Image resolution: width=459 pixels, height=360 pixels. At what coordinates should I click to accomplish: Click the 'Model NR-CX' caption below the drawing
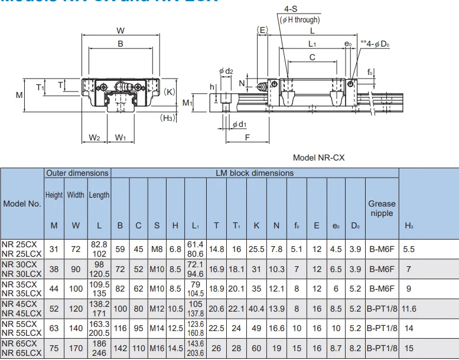[x=318, y=158]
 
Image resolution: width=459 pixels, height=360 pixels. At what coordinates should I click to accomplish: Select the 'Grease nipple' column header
[x=382, y=208]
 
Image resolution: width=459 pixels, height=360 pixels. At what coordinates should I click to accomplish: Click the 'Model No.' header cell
[x=22, y=204]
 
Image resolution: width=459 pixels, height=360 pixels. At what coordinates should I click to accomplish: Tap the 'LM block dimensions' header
[x=254, y=173]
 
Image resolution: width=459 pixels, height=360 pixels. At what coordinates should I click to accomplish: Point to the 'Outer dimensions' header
[x=77, y=173]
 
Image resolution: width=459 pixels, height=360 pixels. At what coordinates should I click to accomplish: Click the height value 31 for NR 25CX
[x=54, y=249]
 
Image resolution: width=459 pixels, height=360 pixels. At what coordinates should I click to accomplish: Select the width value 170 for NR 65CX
[x=76, y=348]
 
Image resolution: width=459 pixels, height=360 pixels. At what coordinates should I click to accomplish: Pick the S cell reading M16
[x=157, y=348]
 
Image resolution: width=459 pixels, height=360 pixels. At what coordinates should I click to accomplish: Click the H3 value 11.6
[x=409, y=308]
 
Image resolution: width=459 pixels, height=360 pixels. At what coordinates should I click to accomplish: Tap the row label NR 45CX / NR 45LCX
[x=22, y=308]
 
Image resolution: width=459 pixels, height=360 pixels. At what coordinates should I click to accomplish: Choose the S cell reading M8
[x=157, y=249]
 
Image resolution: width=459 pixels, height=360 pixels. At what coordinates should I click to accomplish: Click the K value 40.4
[x=256, y=308]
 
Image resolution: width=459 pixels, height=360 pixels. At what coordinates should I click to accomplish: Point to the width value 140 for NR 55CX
[x=76, y=328]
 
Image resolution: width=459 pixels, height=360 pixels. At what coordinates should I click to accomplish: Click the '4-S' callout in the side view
[x=291, y=9]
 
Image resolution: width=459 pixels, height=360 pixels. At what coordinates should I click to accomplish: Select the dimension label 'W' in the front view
[x=121, y=30]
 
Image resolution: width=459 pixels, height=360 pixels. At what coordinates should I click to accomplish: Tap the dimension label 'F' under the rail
[x=247, y=137]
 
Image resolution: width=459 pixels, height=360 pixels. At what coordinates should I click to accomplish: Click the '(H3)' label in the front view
[x=168, y=117]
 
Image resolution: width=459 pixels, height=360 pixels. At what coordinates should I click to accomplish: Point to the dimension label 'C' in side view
[x=312, y=57]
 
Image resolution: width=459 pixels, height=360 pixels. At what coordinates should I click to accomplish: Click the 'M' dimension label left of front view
[x=19, y=94]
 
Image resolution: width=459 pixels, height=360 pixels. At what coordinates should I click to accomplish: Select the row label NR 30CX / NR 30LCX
[x=22, y=269]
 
